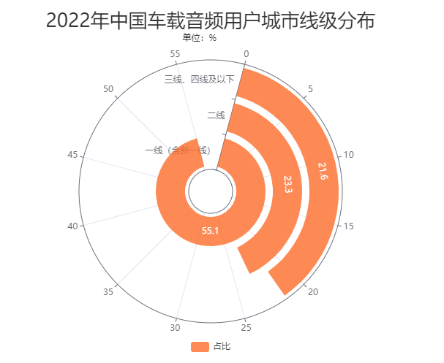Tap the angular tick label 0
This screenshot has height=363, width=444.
tap(247, 54)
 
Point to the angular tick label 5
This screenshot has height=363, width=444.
tap(311, 89)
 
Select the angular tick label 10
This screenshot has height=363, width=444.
tap(349, 155)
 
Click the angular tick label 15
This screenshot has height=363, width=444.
tap(349, 226)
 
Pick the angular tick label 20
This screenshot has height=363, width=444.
tap(313, 292)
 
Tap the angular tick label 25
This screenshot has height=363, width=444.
tap(247, 327)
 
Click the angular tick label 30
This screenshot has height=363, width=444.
tap(175, 327)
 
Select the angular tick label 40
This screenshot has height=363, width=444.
tap(72, 226)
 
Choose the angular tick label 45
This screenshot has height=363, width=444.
tap(72, 155)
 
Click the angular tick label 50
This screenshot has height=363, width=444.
tap(109, 89)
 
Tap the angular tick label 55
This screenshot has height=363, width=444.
tap(175, 54)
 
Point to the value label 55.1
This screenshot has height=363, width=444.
tap(211, 231)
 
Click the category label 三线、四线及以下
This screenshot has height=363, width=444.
tap(199, 79)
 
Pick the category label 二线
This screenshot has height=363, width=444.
tap(216, 115)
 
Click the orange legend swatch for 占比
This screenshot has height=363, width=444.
tap(200, 346)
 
